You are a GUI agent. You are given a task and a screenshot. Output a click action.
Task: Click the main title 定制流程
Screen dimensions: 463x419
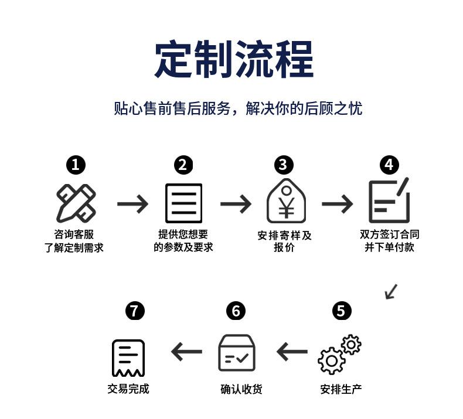click(x=234, y=60)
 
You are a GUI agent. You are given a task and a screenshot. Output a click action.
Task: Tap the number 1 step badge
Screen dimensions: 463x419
click(x=76, y=165)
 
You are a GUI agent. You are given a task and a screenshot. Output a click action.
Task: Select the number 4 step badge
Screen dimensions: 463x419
click(x=389, y=165)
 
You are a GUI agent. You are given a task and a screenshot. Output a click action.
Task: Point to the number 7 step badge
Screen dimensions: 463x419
click(x=135, y=311)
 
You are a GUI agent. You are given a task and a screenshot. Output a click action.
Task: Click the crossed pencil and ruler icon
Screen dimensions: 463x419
click(x=76, y=203)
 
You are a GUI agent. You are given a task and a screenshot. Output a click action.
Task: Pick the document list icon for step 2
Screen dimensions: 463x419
click(x=183, y=203)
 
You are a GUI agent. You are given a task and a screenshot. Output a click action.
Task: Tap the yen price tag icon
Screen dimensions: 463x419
click(x=286, y=201)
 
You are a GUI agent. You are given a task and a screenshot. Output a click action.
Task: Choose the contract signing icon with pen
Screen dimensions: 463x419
click(x=389, y=200)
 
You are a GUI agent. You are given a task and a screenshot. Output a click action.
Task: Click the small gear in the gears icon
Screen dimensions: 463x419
click(x=351, y=345)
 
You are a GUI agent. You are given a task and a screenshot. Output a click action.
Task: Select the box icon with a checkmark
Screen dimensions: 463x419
click(x=237, y=353)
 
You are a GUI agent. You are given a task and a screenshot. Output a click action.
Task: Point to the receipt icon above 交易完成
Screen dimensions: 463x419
click(x=128, y=358)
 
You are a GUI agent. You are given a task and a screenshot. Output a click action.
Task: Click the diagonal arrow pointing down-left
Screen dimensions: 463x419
click(x=391, y=292)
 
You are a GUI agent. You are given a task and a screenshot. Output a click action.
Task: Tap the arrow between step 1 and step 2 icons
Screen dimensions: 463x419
click(x=132, y=204)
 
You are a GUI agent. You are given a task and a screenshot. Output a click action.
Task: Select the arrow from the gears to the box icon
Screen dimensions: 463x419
click(x=292, y=352)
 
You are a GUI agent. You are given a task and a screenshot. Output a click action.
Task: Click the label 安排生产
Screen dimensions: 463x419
click(x=341, y=390)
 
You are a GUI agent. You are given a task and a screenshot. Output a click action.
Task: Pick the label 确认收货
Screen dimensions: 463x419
click(x=241, y=390)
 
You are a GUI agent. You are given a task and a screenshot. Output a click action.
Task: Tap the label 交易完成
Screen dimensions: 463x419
click(x=128, y=389)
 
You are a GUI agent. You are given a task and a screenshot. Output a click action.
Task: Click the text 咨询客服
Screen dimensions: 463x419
click(x=74, y=234)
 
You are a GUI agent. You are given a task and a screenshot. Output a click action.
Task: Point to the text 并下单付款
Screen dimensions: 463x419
click(x=389, y=247)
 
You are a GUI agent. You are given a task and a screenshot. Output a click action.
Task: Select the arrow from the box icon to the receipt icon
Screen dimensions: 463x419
click(x=186, y=352)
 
